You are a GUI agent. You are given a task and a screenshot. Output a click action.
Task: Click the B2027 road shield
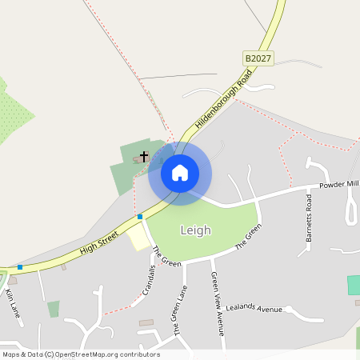click(x=258, y=58)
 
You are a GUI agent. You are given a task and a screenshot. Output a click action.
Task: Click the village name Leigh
click(x=195, y=230)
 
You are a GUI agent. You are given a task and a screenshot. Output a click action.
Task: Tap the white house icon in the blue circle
click(x=180, y=173)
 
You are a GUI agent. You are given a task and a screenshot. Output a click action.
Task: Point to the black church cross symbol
click(x=144, y=156)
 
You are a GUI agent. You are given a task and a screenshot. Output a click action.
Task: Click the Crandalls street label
click(x=148, y=280)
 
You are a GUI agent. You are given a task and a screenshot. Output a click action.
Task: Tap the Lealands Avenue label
click(x=254, y=309)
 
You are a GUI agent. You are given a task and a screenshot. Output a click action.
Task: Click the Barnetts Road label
click(x=308, y=217)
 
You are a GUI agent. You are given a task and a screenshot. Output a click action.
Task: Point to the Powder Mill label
click(x=338, y=185)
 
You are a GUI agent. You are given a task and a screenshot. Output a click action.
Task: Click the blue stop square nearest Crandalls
click(x=140, y=216)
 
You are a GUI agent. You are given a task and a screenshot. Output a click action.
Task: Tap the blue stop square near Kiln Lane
click(x=20, y=266)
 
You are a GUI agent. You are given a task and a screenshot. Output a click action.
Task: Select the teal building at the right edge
click(x=353, y=285)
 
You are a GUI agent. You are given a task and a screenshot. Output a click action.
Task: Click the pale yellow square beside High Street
click(x=139, y=237)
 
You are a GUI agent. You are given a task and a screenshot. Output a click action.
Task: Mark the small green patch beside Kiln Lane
click(x=54, y=309)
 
